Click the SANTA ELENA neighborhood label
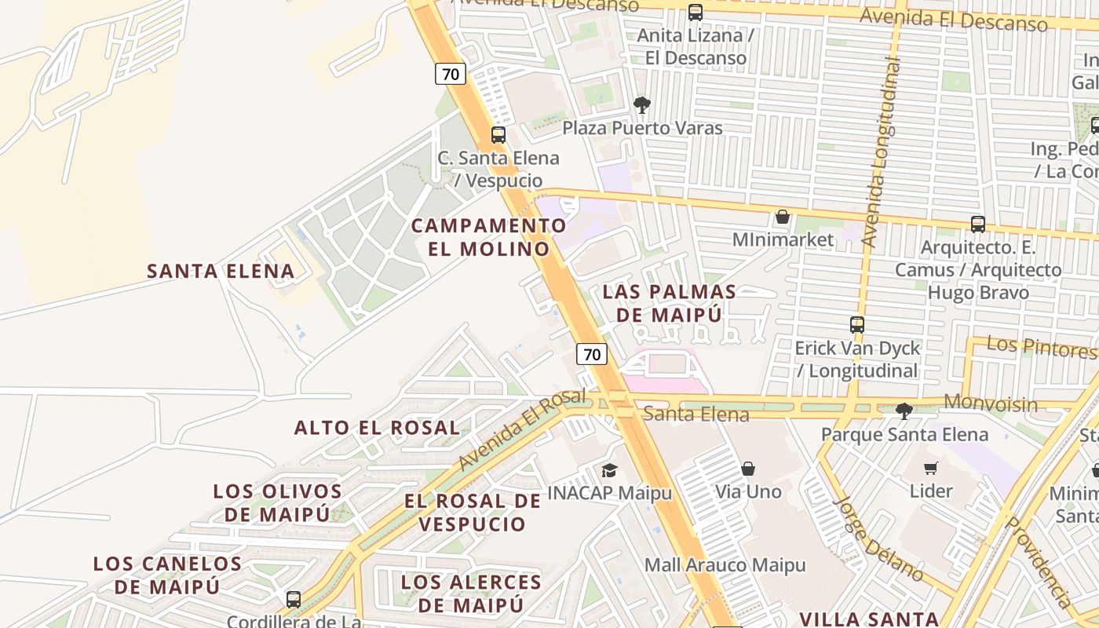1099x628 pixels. coord(221,272)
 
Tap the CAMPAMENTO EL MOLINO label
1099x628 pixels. coord(489,237)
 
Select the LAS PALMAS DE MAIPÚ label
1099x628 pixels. coord(669,304)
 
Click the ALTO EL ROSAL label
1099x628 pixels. coord(377,428)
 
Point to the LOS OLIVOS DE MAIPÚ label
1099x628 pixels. coord(278,503)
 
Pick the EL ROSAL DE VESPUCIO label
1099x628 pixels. coord(473,513)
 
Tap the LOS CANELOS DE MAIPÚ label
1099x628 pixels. coord(167,575)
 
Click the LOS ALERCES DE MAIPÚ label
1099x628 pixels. coord(471,593)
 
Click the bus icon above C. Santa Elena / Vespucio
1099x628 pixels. coord(498,134)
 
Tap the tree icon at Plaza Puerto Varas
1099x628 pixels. coord(642,104)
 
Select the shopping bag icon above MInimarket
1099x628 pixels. coord(783,217)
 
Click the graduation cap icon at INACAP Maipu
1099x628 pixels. coord(609,469)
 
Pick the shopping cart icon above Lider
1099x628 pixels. coord(931,468)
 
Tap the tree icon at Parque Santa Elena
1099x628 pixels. coord(904,410)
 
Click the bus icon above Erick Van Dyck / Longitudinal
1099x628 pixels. coord(857,324)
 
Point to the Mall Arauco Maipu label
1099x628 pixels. coord(725,565)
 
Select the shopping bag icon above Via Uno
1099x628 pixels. coord(748,469)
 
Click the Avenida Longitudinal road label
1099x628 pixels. coord(882,153)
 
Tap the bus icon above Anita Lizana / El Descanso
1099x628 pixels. coord(696,13)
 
